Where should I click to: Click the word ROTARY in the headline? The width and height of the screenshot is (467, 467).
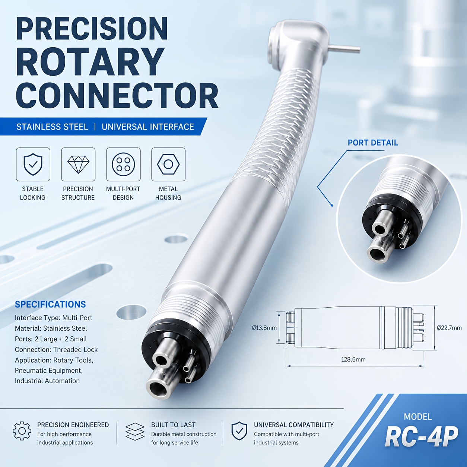89,62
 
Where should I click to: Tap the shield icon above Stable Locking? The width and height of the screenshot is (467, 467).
33,164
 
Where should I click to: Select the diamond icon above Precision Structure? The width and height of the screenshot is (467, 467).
78,165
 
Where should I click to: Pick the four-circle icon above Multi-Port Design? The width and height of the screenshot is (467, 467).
123,164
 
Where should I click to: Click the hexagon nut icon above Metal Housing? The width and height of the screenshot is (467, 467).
168,164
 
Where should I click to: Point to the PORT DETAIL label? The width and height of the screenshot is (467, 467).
373,143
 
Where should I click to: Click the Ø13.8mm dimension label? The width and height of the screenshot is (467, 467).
264,328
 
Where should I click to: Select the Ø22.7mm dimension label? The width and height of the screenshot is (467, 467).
449,328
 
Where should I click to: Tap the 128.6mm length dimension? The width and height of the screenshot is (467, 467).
353,360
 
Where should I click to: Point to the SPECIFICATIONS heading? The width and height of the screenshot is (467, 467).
50,304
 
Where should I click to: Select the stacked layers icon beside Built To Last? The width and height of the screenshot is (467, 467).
135,432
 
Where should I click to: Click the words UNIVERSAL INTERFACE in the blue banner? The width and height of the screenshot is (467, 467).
148,127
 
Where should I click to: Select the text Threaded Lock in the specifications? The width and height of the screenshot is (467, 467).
75,350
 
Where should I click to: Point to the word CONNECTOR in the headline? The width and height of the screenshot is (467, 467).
117,95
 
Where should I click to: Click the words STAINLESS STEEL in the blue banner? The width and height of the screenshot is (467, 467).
52,127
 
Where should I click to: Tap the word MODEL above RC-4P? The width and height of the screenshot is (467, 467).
418,417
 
